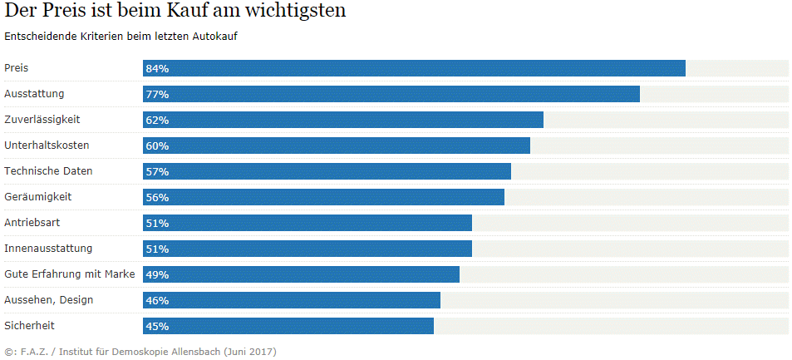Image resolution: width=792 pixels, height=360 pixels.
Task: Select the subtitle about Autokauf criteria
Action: pyautogui.click(x=121, y=37)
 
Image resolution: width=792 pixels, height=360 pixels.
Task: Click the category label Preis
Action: pyautogui.click(x=17, y=67)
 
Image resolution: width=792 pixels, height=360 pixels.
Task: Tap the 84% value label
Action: pyautogui.click(x=157, y=68)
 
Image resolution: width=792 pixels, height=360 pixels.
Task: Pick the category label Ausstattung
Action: pyautogui.click(x=34, y=93)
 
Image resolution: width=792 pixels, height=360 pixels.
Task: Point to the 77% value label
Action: pyautogui.click(x=157, y=94)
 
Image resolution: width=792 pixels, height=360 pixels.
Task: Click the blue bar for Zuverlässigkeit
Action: pyautogui.click(x=343, y=120)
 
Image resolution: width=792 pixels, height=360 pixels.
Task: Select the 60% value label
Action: pyautogui.click(x=157, y=145)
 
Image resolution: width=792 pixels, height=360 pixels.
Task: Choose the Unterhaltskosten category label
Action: pyautogui.click(x=47, y=145)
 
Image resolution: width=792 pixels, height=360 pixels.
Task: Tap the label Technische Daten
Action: pyautogui.click(x=48, y=170)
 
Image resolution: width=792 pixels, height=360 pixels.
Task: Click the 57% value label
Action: pyautogui.click(x=157, y=171)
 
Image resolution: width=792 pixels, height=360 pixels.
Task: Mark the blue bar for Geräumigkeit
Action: pyautogui.click(x=323, y=197)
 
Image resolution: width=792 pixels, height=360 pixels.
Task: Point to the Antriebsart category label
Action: pyautogui.click(x=32, y=222)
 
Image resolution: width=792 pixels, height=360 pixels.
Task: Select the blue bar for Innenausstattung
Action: pyautogui.click(x=307, y=249)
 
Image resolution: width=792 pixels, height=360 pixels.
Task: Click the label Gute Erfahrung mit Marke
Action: pyautogui.click(x=70, y=274)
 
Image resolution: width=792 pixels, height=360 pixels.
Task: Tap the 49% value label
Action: pyautogui.click(x=157, y=274)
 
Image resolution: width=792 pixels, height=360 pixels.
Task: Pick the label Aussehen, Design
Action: pyautogui.click(x=49, y=299)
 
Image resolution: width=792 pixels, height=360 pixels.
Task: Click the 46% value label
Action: pyautogui.click(x=157, y=300)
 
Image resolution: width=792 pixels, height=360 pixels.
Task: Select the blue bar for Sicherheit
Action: pyautogui.click(x=288, y=326)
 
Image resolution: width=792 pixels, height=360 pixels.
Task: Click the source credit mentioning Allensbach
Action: pyautogui.click(x=140, y=352)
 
